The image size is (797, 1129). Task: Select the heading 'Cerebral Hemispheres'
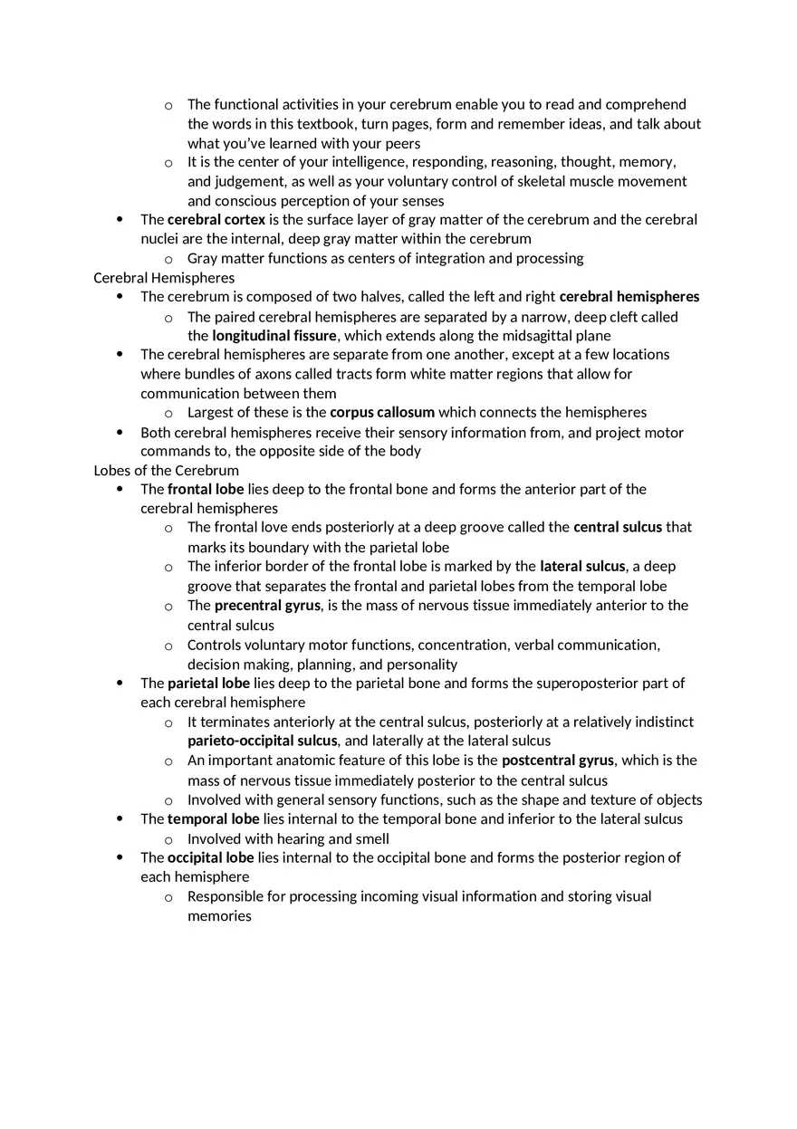pos(164,278)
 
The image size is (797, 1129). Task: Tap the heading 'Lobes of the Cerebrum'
pos(167,471)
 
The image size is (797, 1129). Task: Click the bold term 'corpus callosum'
pos(382,413)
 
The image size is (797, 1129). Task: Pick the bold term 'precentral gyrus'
pos(267,606)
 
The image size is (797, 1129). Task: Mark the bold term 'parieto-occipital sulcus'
pos(262,741)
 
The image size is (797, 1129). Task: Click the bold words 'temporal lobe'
pos(213,819)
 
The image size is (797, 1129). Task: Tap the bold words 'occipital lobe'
pos(210,857)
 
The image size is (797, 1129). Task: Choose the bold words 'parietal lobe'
pos(208,684)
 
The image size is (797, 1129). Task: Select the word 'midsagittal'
pos(513,336)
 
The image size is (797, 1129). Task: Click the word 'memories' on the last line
pos(219,916)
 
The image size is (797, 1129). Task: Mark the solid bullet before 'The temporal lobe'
pos(120,819)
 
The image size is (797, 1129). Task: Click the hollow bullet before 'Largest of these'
pos(168,414)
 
